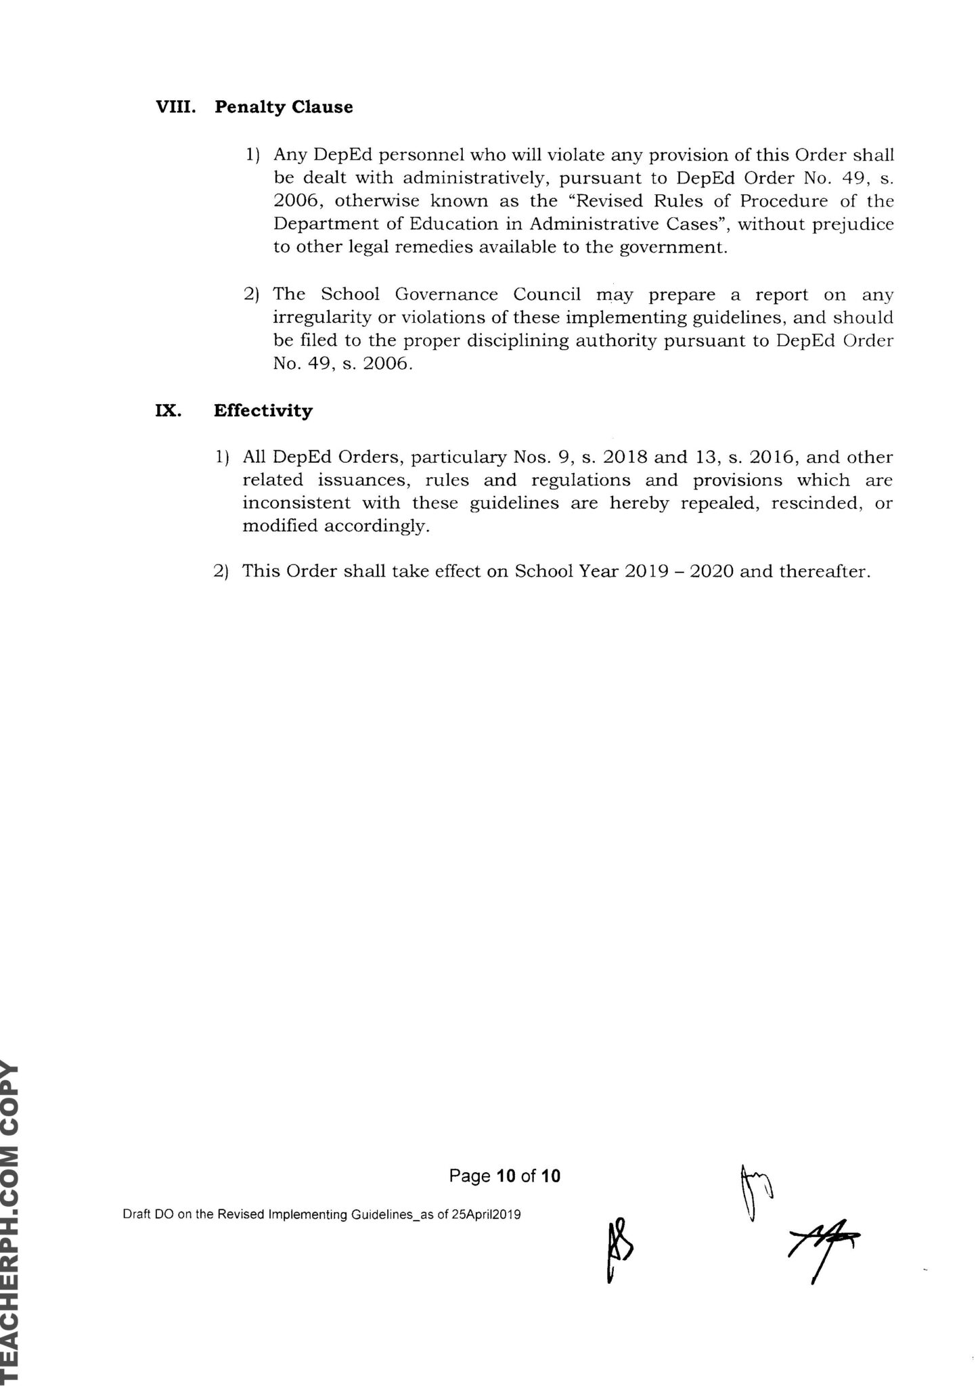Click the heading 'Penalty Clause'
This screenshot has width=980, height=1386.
coord(284,108)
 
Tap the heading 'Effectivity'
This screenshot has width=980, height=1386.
coord(263,411)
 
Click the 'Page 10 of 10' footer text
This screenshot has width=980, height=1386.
coord(504,1176)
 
